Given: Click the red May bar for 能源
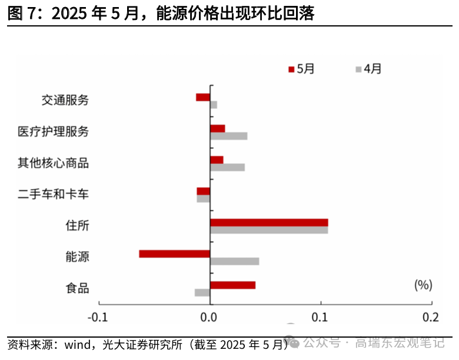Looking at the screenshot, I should point(175,254).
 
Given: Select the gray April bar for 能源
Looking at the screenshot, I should point(234,261).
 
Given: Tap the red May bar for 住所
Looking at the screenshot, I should point(269,222).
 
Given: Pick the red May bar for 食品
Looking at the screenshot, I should point(232,285).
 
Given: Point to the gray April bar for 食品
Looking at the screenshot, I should point(202,292).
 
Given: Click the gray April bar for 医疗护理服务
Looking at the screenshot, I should point(228,136).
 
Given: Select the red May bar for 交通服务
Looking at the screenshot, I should point(203,97).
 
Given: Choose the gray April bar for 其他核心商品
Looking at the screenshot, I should point(227,167).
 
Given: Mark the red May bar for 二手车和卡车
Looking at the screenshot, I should point(204,191).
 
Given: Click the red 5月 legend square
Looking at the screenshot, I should point(291,69).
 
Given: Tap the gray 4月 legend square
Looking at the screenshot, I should point(358,69).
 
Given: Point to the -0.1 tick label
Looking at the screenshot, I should point(98,317).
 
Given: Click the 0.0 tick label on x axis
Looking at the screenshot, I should point(209,317).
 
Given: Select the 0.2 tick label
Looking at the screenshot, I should point(431,317).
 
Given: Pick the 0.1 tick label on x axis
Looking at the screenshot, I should point(321,317).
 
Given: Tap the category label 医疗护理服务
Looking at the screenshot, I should point(54,131).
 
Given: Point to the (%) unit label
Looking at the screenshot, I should point(423,285).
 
